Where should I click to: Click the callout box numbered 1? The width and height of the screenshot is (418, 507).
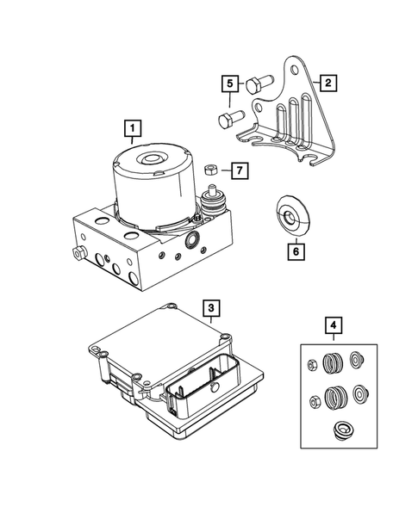tap(131, 130)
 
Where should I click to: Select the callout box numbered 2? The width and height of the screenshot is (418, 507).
tap(327, 83)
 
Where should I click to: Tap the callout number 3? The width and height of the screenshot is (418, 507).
tap(210, 306)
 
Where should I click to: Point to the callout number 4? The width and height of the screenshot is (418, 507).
tap(333, 326)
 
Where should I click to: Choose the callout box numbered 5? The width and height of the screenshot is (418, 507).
tap(229, 83)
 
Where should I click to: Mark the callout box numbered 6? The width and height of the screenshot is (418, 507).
tap(296, 252)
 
